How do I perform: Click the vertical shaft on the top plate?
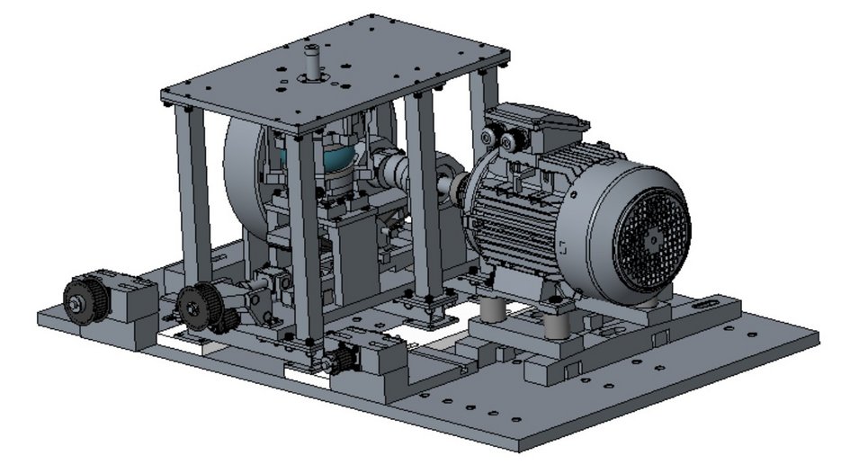311,62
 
